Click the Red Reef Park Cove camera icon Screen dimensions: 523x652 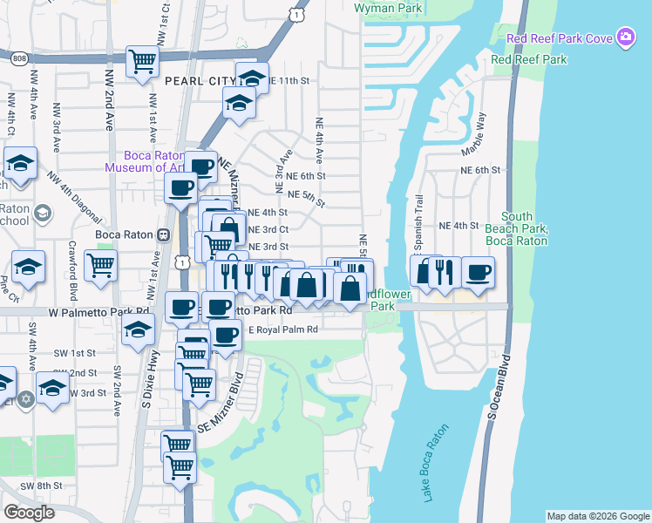(625, 37)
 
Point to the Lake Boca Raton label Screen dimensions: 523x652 (435, 463)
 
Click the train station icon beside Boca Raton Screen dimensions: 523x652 (162, 235)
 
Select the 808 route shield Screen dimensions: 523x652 (19, 58)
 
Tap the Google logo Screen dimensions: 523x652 (29, 513)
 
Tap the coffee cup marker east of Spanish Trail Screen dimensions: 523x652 (478, 272)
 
